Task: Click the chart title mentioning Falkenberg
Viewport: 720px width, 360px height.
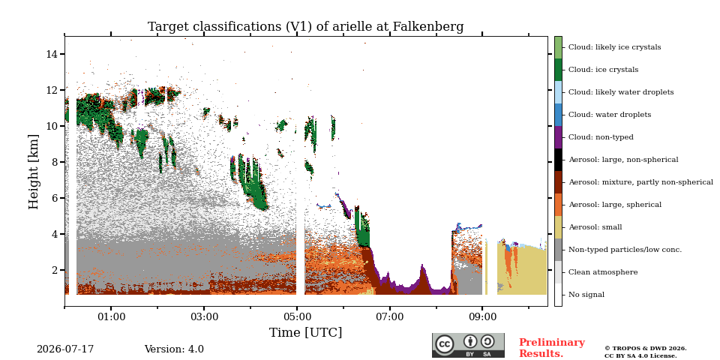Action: pos(305,27)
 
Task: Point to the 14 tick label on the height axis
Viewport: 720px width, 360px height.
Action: pos(52,54)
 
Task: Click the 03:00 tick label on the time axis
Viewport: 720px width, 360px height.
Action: pos(204,316)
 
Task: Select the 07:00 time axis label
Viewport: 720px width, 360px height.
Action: pos(389,316)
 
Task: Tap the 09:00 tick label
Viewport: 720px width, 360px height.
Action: pos(482,316)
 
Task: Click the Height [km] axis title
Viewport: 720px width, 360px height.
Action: pos(34,172)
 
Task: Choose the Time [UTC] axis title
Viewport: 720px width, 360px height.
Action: pos(305,332)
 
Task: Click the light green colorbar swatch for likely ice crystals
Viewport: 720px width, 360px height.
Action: pos(558,47)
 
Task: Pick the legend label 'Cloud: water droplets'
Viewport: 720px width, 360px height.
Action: pos(609,115)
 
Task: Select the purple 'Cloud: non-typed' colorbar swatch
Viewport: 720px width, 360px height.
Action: pos(558,137)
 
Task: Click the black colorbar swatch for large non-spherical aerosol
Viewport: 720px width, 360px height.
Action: pos(558,160)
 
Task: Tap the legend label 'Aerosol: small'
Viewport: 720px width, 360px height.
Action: pos(595,227)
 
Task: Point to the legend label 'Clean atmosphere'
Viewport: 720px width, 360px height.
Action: pos(603,272)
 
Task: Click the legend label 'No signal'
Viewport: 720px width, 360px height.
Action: pos(586,295)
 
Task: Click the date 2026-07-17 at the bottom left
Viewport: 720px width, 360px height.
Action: pos(65,349)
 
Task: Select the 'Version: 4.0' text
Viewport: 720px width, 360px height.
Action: pos(174,349)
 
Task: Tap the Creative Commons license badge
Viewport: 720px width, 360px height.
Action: pos(468,345)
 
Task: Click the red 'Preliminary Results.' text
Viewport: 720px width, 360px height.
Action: pos(552,348)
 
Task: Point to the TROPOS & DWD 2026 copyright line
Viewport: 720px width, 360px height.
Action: pos(645,349)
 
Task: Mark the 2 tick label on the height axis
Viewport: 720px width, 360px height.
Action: pos(55,270)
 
